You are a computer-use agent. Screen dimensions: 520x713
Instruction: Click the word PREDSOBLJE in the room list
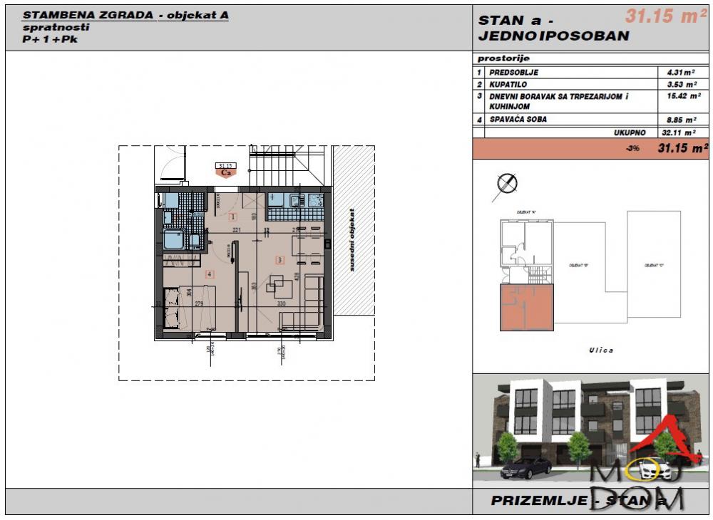513,73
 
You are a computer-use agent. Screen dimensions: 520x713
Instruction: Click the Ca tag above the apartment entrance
227,172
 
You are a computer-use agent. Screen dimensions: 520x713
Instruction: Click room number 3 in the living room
280,259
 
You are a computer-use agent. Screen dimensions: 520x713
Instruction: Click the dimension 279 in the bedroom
200,304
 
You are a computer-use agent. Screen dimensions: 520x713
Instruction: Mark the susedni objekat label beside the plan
352,239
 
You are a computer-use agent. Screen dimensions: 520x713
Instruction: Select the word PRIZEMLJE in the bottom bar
538,501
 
